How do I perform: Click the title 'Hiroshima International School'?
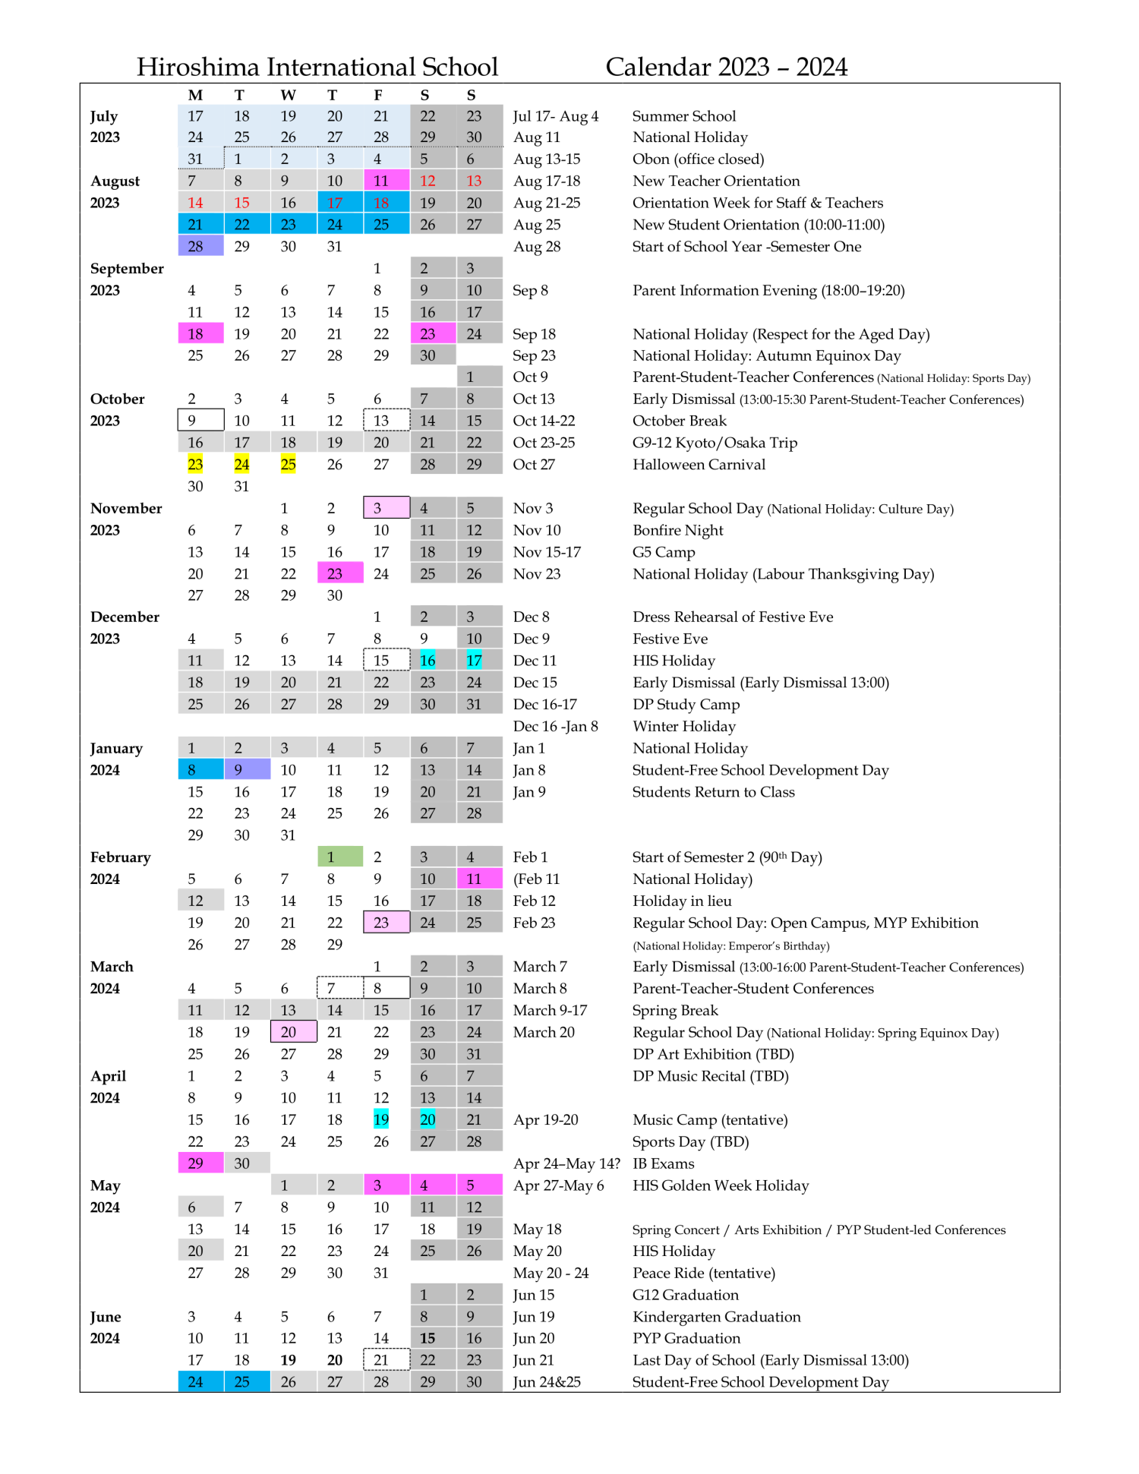pos(317,67)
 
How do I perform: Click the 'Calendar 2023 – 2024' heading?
pos(726,67)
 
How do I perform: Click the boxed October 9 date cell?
pos(200,420)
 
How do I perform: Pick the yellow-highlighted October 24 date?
pos(241,464)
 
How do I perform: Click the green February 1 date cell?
pos(339,857)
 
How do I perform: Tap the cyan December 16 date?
pos(428,661)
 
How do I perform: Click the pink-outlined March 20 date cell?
pos(293,1031)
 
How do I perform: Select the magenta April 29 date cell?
pos(200,1163)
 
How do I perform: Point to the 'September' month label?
pos(127,268)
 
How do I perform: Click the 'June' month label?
pos(106,1317)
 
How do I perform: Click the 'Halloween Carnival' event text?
pos(699,464)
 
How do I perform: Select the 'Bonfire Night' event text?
pos(677,530)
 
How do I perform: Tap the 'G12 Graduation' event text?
pos(685,1295)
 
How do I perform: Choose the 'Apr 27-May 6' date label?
pos(558,1185)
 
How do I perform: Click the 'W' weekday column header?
pos(288,95)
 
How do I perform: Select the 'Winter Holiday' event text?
pos(683,726)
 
